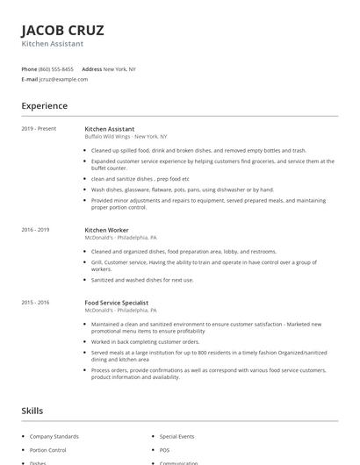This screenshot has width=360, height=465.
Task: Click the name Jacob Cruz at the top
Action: tap(63, 30)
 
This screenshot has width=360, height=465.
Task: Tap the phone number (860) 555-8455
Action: tap(56, 68)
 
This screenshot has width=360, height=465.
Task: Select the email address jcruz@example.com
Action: tap(63, 79)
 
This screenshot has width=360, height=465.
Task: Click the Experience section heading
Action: tap(45, 106)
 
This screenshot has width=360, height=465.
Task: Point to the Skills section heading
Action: tap(32, 411)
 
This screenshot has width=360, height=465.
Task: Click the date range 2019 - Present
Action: tap(39, 129)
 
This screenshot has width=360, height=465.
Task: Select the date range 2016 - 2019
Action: tap(35, 230)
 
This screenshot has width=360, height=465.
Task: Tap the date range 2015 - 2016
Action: tap(35, 303)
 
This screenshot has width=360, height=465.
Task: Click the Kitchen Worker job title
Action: tap(106, 230)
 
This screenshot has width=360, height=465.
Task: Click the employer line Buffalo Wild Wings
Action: tap(126, 137)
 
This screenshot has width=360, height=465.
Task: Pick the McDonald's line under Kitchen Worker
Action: tap(120, 238)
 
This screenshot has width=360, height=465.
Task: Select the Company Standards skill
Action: tap(54, 436)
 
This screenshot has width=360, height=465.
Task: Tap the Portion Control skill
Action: tap(49, 449)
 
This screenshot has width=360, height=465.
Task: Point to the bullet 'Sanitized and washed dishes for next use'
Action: tap(142, 280)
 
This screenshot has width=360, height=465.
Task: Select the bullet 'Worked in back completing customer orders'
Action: tap(145, 342)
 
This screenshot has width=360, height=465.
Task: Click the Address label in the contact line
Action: tap(91, 68)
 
